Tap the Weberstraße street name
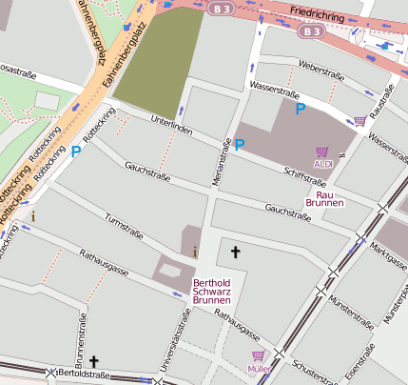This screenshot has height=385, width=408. pos(321,71)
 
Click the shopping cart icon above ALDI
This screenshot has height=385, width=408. pos(322,152)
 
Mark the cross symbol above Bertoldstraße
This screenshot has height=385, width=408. pos(93,362)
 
